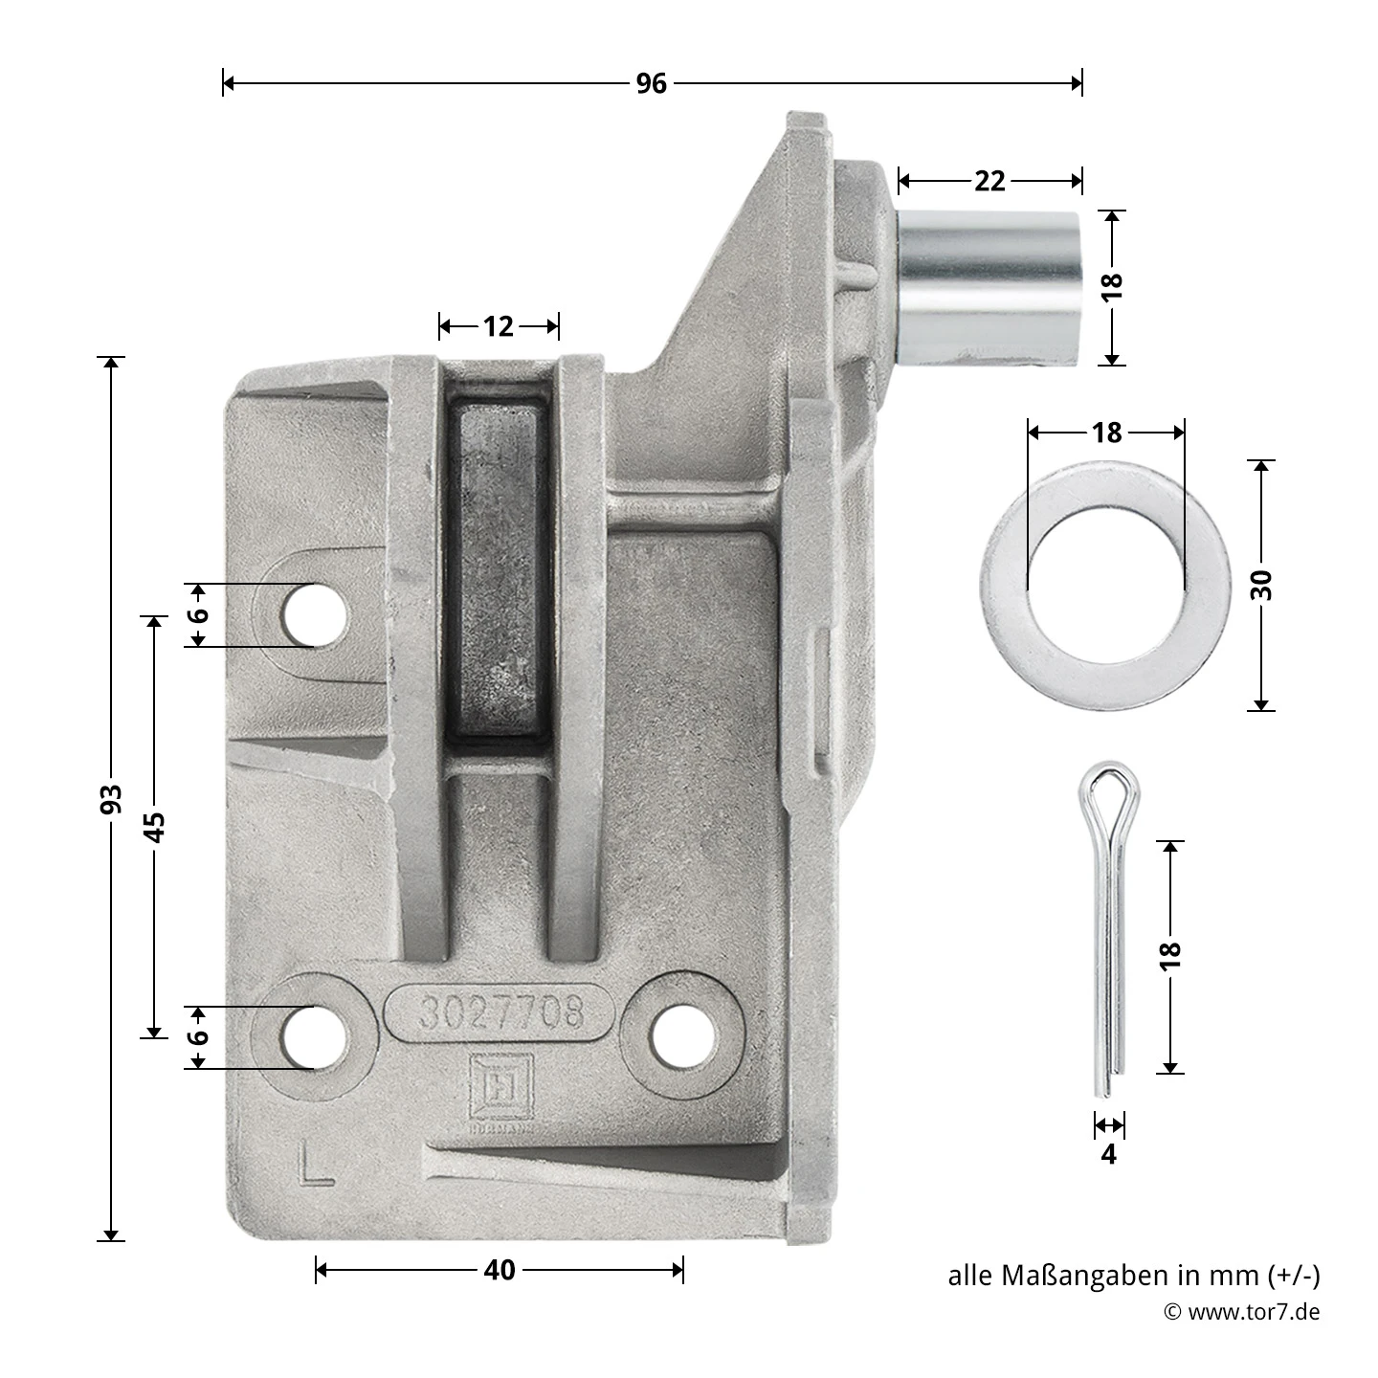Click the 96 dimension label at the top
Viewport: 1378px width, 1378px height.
click(x=652, y=83)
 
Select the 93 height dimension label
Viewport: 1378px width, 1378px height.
click(x=111, y=799)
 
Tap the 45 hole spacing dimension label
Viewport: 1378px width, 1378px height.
click(x=154, y=827)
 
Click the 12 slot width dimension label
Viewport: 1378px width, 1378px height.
click(x=499, y=327)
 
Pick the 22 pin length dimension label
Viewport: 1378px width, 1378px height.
click(x=989, y=181)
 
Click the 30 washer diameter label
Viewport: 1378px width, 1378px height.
click(x=1262, y=585)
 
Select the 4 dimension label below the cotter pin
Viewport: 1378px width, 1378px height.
click(x=1108, y=1154)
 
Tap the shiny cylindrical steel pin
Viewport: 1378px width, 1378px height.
click(x=989, y=287)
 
